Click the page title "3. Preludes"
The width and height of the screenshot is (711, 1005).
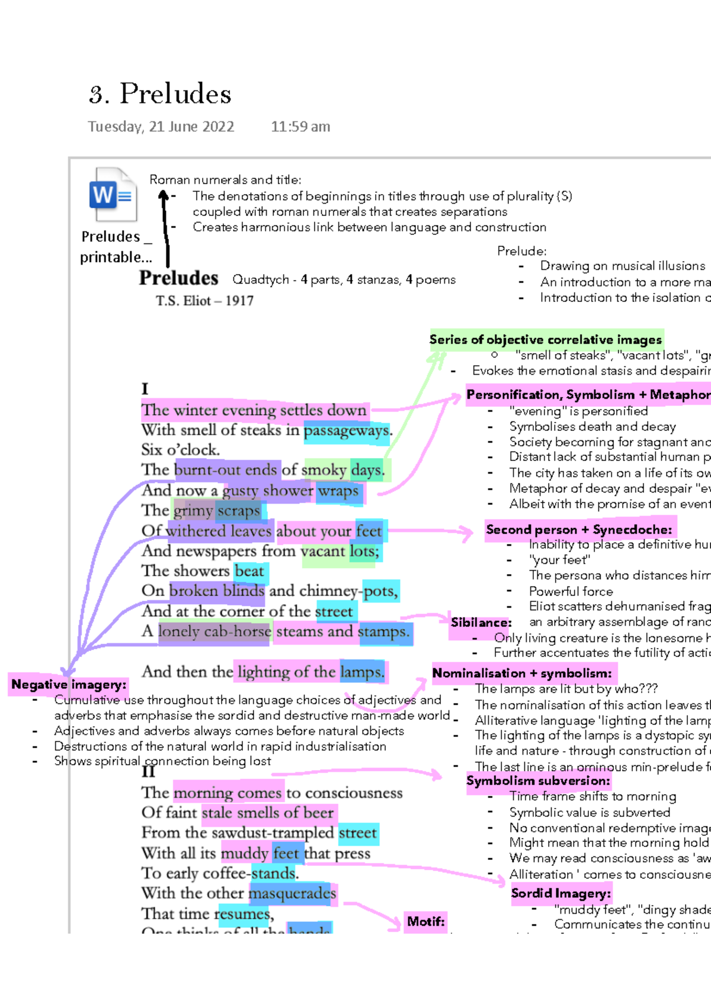point(160,94)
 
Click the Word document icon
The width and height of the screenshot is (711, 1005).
point(113,195)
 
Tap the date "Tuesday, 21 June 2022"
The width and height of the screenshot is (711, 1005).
point(161,127)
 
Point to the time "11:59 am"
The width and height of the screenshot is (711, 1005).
point(300,127)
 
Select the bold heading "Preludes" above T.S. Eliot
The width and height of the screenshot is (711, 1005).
point(178,278)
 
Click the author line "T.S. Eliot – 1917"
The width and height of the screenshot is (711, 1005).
point(204,301)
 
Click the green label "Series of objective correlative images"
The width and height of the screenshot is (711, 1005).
point(545,340)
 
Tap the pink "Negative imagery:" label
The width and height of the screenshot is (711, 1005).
point(69,685)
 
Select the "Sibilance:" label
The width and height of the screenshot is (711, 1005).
point(481,623)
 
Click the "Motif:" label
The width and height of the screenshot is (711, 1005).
point(425,922)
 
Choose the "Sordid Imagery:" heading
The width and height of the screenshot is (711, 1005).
point(561,893)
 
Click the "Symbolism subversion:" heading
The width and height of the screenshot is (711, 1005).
point(538,781)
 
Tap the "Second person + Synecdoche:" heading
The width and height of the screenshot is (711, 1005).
point(579,530)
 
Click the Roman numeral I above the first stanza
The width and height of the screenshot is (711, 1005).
point(145,389)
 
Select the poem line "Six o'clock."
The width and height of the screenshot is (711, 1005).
point(180,450)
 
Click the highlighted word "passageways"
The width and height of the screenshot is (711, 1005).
point(347,430)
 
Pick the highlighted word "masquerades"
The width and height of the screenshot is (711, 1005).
point(292,893)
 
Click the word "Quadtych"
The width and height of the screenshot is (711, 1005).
point(261,279)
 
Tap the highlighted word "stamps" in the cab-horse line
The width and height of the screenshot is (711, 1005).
point(383,632)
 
